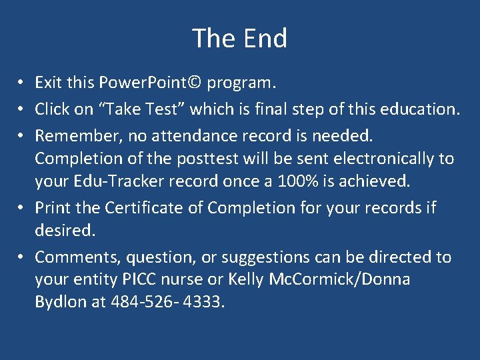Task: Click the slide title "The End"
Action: point(239,38)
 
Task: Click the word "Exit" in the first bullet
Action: point(47,83)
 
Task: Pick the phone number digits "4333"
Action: point(203,301)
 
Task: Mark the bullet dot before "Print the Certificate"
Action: point(22,208)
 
